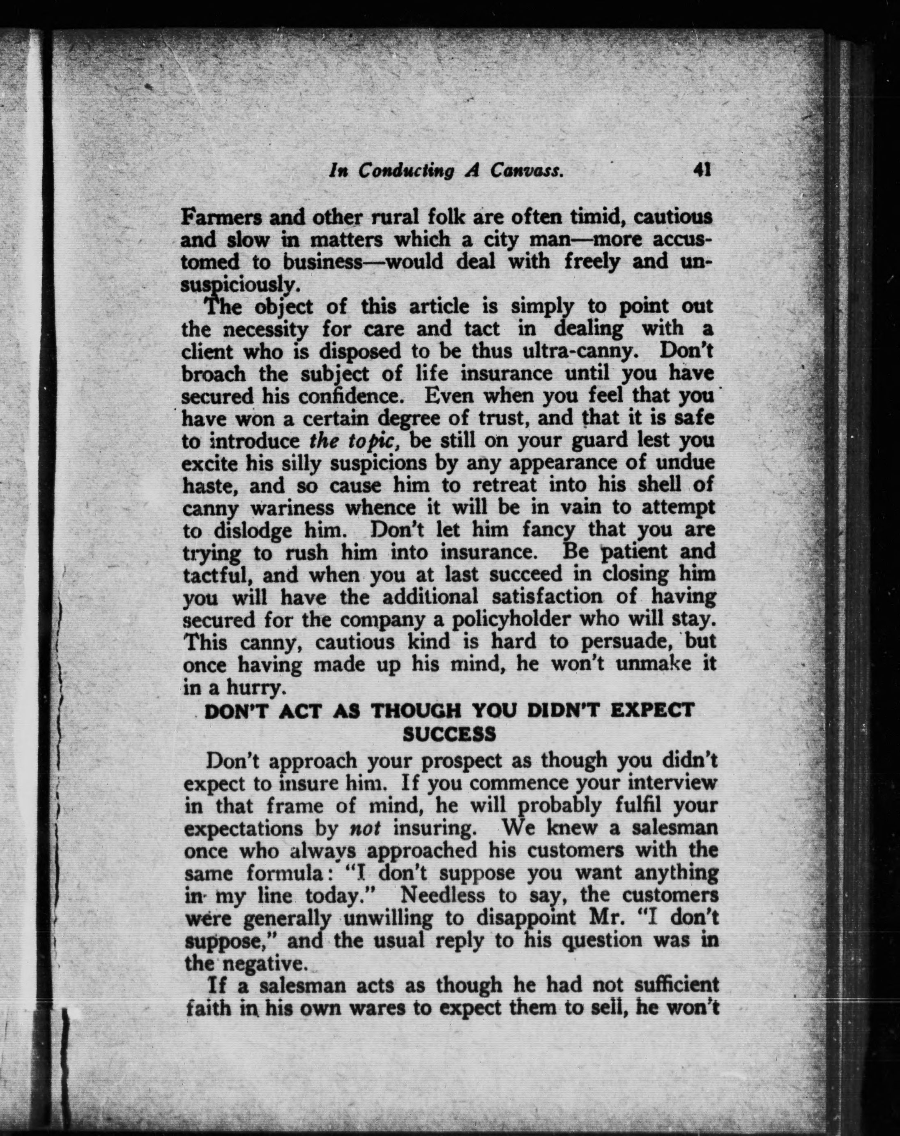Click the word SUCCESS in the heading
coord(449,734)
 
